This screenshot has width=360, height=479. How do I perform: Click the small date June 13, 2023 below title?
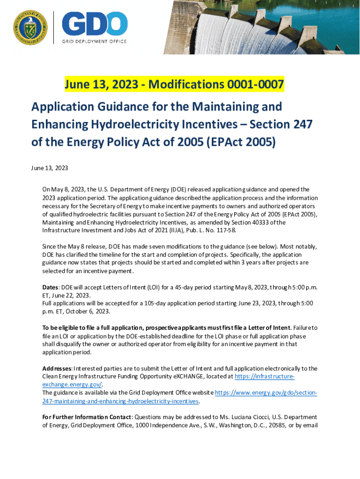click(x=50, y=168)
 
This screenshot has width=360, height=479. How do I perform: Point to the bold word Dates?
click(x=51, y=287)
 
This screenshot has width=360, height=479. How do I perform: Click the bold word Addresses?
click(x=57, y=368)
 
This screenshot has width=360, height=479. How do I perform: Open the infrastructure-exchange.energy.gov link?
click(x=265, y=376)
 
